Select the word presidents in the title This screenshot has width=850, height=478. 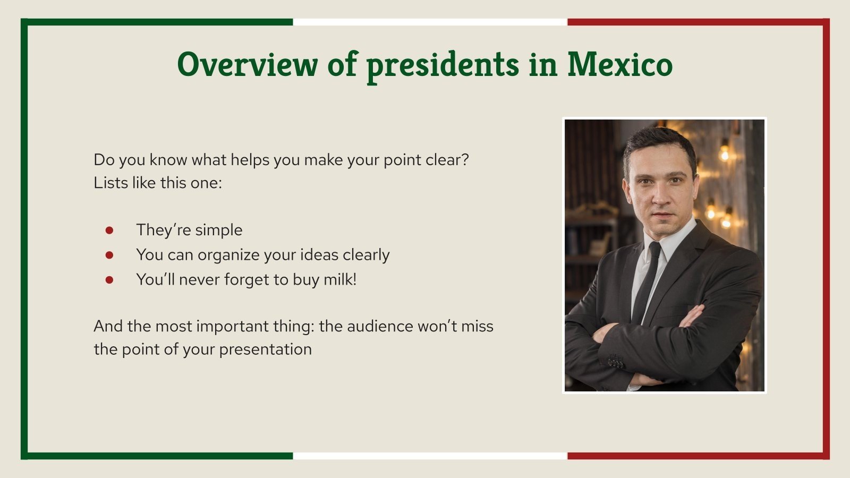tap(443, 65)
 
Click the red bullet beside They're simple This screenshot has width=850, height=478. tap(109, 230)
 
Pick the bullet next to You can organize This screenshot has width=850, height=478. tap(109, 255)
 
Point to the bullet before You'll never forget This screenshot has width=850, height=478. tap(109, 280)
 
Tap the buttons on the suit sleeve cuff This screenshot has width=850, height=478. tap(615, 362)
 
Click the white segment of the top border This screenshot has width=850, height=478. tap(430, 22)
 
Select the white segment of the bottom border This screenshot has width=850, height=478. tap(430, 456)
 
